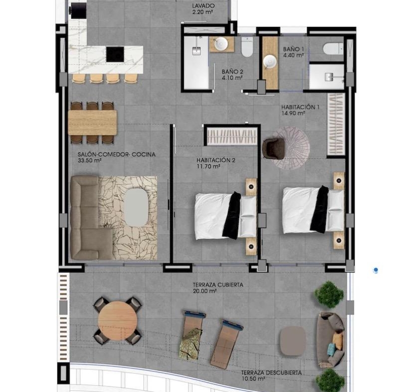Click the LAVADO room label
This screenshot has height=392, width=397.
coord(203,5)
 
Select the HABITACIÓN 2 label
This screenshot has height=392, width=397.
coord(216,160)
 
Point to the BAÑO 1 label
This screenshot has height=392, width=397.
coord(293,49)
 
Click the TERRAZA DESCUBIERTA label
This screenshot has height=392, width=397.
coord(271,373)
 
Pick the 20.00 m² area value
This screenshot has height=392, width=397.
coord(205,291)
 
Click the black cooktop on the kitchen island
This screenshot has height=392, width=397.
coord(115,54)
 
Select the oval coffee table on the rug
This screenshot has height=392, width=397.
coord(136,207)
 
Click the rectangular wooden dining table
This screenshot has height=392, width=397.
coord(93,122)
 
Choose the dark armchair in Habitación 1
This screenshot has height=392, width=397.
coord(274,148)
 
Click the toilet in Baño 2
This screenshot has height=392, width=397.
coord(247,47)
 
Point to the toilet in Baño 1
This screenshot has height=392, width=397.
coord(333,48)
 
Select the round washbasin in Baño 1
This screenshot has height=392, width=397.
coord(270,62)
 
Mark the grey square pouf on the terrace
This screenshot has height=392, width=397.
coord(293,341)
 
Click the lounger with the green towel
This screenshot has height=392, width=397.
coord(192,335)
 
